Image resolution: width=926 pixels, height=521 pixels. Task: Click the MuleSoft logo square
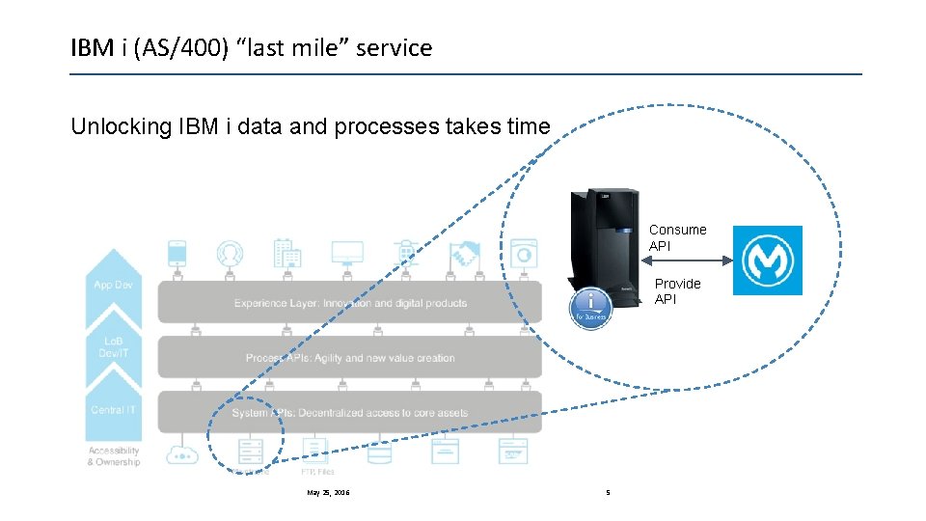(x=767, y=260)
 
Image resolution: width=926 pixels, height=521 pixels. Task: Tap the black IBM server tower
(x=605, y=246)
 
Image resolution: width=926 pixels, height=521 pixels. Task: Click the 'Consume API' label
(x=677, y=238)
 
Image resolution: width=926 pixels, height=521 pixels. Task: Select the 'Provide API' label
(x=677, y=291)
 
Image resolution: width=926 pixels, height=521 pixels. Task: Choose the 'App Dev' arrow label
(x=114, y=285)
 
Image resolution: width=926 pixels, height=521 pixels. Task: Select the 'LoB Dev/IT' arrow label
(x=114, y=348)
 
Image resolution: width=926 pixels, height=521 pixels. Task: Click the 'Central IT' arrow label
(x=114, y=410)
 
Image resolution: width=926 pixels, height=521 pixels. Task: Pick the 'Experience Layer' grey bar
(x=349, y=303)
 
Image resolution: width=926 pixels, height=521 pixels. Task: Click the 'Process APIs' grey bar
(x=349, y=358)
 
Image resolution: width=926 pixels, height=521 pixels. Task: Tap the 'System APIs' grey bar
(x=349, y=413)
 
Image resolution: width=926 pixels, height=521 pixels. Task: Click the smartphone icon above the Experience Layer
(x=177, y=253)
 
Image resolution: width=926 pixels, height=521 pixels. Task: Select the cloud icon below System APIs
(x=181, y=452)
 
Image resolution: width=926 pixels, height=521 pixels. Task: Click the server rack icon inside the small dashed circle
(x=250, y=450)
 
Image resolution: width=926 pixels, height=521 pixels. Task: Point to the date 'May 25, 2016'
(x=328, y=493)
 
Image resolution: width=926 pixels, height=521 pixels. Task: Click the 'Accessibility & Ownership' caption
(x=114, y=456)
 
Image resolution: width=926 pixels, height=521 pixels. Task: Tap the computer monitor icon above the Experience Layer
(x=346, y=254)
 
